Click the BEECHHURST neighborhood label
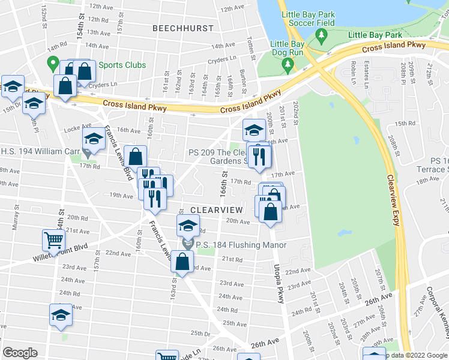pyautogui.click(x=182, y=28)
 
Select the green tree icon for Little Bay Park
pyautogui.click(x=322, y=37)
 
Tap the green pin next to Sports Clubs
pyautogui.click(x=53, y=62)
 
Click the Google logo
pyautogui.click(x=20, y=353)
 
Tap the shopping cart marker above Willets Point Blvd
pyautogui.click(x=53, y=241)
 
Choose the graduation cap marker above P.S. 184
pyautogui.click(x=188, y=226)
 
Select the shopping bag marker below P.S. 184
pyautogui.click(x=182, y=262)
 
